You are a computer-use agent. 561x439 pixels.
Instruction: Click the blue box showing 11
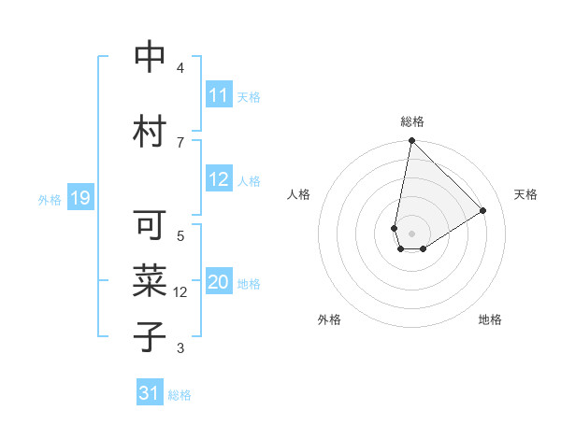point(219,95)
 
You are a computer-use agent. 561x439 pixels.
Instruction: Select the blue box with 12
point(219,180)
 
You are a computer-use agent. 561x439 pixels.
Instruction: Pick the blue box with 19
point(79,198)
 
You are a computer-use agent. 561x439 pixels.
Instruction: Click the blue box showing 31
point(150,394)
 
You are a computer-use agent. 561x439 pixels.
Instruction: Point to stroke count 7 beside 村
point(180,142)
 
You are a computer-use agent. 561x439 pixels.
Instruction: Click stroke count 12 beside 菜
point(180,292)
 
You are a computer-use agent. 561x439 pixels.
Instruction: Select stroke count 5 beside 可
point(180,235)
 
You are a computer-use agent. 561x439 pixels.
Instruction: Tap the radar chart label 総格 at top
point(411,121)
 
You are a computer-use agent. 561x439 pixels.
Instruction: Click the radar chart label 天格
point(525,194)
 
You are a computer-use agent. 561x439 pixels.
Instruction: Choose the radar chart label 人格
point(298,194)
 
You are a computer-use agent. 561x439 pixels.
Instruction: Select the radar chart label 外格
point(328,319)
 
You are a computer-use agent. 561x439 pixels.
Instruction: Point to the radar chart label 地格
point(490,319)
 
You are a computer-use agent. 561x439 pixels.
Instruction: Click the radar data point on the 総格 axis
point(411,141)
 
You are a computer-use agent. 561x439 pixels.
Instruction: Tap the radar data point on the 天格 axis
point(483,210)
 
